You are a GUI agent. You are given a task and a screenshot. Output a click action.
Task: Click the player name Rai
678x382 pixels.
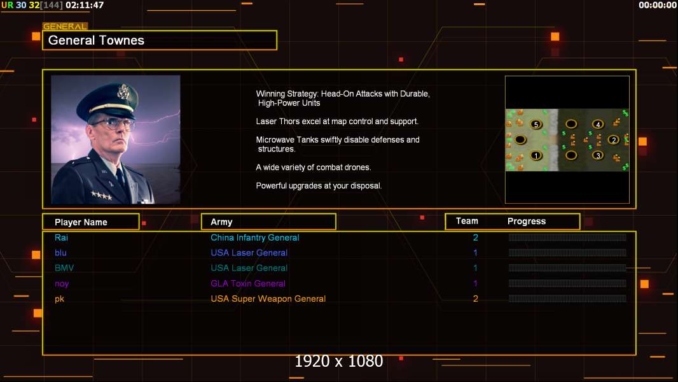click(x=61, y=237)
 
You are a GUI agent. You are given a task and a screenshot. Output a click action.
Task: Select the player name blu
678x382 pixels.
click(x=60, y=253)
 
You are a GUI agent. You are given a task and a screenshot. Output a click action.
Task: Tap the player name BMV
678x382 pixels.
click(x=64, y=268)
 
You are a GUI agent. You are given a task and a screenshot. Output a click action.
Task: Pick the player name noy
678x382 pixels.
click(x=62, y=284)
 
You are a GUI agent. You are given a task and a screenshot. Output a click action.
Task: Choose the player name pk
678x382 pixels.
click(x=59, y=299)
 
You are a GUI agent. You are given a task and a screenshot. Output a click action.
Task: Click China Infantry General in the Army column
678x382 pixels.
click(x=254, y=237)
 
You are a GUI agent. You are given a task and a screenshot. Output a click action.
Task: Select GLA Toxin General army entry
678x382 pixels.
click(x=248, y=283)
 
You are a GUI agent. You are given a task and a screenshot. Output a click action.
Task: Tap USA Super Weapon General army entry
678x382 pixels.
click(x=268, y=299)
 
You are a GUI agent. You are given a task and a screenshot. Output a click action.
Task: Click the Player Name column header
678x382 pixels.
click(x=81, y=222)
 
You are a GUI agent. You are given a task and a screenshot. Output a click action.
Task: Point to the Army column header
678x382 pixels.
click(x=221, y=222)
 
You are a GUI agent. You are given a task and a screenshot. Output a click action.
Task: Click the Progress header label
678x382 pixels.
click(x=526, y=222)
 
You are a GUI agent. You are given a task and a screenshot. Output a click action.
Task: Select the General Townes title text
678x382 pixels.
click(x=96, y=40)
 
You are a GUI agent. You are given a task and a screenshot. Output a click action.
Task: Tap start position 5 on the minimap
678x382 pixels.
click(x=536, y=125)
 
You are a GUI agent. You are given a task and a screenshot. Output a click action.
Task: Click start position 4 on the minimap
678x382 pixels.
click(x=598, y=125)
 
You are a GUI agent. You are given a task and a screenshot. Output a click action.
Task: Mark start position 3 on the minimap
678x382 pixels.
click(x=598, y=155)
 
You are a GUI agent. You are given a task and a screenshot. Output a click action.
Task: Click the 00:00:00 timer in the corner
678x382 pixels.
click(x=658, y=5)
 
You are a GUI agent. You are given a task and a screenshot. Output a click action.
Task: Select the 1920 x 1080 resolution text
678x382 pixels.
click(x=339, y=361)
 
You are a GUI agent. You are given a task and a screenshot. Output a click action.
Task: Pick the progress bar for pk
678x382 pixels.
click(x=567, y=299)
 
